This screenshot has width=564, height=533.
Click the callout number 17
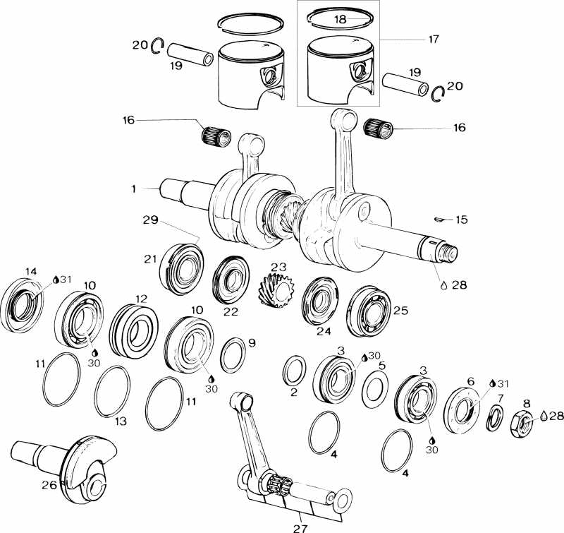click(433, 40)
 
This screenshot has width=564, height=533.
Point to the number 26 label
click(49, 484)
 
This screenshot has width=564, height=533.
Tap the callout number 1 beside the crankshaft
click(133, 188)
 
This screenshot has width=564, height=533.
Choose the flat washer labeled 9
click(231, 354)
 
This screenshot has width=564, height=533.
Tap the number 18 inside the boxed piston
click(340, 20)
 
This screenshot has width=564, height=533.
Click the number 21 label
click(150, 259)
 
